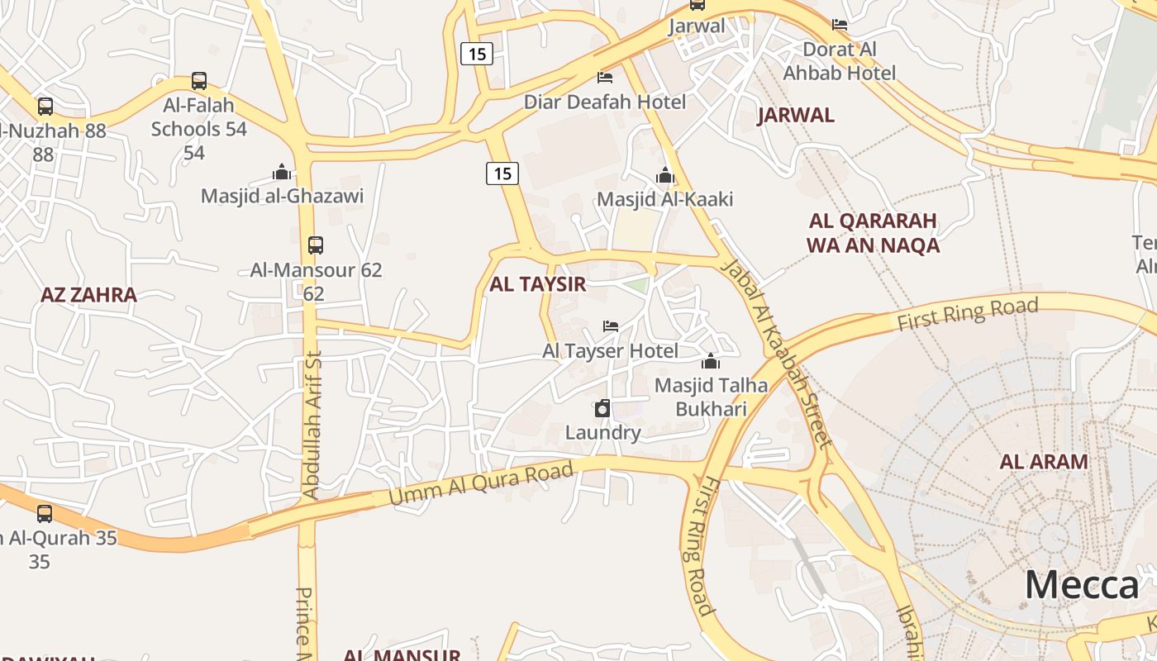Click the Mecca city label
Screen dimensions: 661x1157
[1081, 585]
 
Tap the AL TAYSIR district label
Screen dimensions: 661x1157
[537, 284]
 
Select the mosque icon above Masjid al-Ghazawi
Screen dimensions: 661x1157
[282, 172]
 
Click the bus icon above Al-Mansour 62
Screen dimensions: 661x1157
[315, 245]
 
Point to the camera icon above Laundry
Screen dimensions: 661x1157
[602, 408]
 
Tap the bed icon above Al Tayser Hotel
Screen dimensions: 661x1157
[611, 326]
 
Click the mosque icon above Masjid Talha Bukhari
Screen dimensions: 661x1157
[710, 361]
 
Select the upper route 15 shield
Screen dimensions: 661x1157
[477, 55]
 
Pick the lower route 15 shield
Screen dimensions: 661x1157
[502, 174]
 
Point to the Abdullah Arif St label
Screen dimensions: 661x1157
[312, 424]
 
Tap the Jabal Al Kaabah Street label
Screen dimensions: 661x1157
[774, 353]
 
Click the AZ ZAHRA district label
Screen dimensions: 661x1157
[88, 295]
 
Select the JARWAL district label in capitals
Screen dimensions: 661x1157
[795, 115]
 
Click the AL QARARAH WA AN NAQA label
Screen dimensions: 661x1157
[873, 233]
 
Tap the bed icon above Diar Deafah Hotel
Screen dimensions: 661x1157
[605, 78]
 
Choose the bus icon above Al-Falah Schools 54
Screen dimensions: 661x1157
[198, 81]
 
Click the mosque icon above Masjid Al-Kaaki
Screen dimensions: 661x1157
[664, 175]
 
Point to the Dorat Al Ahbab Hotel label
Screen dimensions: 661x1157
[839, 61]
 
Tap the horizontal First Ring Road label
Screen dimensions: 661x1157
[967, 315]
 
